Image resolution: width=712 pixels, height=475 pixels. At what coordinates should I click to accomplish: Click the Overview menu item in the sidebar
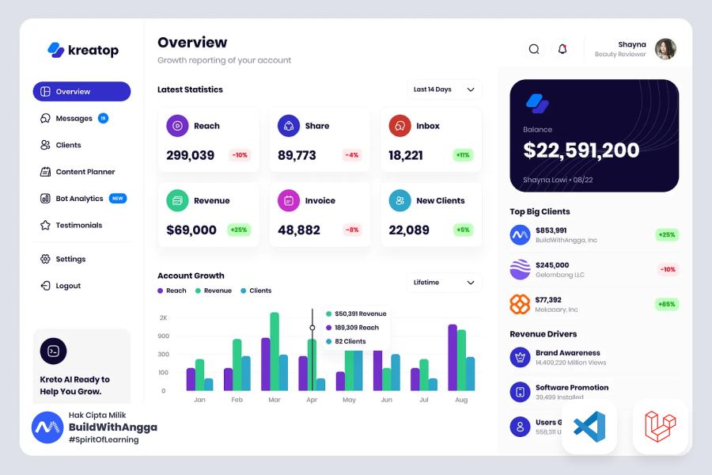[81, 92]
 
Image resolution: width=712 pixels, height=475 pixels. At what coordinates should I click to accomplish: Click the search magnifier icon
[534, 49]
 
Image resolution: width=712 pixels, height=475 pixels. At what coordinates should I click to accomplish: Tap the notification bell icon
[562, 49]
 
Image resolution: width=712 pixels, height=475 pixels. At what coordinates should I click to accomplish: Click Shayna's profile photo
[665, 49]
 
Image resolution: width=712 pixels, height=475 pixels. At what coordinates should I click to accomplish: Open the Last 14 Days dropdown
[444, 89]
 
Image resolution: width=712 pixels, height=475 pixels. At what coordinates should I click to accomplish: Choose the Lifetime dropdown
[444, 283]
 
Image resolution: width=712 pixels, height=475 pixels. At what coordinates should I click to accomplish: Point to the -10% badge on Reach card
[240, 155]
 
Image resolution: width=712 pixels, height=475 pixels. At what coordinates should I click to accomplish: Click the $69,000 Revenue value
[191, 230]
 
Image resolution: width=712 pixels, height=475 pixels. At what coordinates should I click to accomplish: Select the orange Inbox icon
[400, 126]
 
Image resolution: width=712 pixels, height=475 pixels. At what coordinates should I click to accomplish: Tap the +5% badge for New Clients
[463, 230]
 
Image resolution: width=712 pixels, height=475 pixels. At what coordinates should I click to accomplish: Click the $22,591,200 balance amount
[581, 150]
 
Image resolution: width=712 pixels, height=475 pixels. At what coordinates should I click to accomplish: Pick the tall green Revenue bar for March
[275, 351]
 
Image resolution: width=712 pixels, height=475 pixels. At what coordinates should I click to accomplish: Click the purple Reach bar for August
[453, 357]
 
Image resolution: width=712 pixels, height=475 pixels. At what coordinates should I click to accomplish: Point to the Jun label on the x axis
[386, 401]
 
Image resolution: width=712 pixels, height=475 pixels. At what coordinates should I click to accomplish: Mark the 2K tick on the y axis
[163, 317]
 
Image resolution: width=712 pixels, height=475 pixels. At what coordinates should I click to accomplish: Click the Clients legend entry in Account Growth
[256, 291]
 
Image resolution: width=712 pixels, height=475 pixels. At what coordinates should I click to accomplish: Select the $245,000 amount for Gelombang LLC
[552, 265]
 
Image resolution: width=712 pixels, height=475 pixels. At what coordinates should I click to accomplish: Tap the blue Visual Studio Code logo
[589, 427]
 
